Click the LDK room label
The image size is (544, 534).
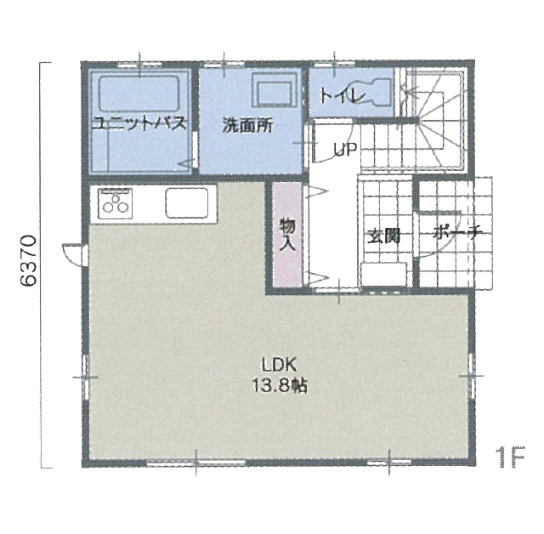pyautogui.click(x=279, y=366)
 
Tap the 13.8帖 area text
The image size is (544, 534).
pyautogui.click(x=280, y=385)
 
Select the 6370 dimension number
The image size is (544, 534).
pyautogui.click(x=28, y=261)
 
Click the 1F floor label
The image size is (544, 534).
pyautogui.click(x=511, y=457)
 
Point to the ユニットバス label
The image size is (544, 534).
pyautogui.click(x=139, y=123)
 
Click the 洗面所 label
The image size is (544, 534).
pyautogui.click(x=247, y=125)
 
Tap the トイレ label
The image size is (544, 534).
pyautogui.click(x=343, y=96)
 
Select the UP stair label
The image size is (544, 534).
pyautogui.click(x=345, y=150)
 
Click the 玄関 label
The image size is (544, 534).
pyautogui.click(x=383, y=236)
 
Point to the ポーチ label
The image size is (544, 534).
pyautogui.click(x=457, y=233)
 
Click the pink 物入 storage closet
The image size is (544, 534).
pyautogui.click(x=287, y=234)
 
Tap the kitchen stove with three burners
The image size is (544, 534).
pyautogui.click(x=116, y=204)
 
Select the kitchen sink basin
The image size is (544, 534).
pyautogui.click(x=187, y=203)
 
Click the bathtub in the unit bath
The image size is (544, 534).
pyautogui.click(x=139, y=94)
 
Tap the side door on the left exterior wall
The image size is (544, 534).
pyautogui.click(x=74, y=255)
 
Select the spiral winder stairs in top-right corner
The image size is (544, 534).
pyautogui.click(x=433, y=120)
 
